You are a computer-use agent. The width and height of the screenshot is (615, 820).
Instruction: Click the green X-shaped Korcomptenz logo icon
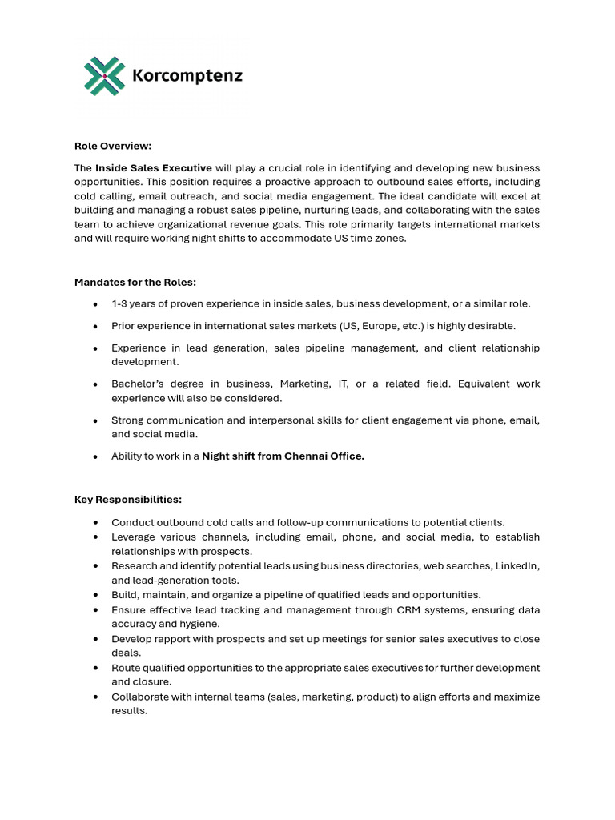(105, 76)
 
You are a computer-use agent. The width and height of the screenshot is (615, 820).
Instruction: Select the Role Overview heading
(113, 146)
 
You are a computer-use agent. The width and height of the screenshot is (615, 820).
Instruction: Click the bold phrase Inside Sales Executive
(154, 168)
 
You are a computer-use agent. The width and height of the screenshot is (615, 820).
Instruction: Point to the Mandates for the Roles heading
(135, 282)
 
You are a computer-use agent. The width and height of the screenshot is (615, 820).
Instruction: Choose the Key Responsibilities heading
(128, 500)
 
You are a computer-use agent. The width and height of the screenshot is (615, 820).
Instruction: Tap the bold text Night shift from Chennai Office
(283, 456)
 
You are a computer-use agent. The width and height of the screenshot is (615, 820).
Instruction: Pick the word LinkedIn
(519, 566)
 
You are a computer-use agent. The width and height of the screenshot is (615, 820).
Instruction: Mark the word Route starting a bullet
(126, 668)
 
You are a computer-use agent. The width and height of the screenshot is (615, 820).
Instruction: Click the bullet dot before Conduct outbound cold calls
(95, 523)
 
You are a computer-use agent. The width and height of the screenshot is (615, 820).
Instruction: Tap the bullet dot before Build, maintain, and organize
(95, 596)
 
